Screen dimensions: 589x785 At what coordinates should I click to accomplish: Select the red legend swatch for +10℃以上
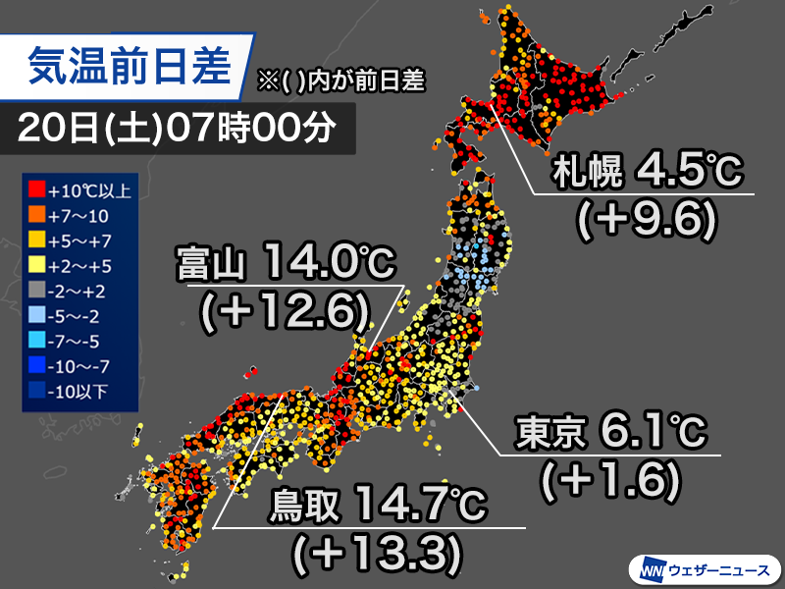pyautogui.click(x=36, y=187)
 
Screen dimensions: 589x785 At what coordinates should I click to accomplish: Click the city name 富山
pyautogui.click(x=212, y=263)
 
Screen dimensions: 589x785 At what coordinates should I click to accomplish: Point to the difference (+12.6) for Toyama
pyautogui.click(x=285, y=314)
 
